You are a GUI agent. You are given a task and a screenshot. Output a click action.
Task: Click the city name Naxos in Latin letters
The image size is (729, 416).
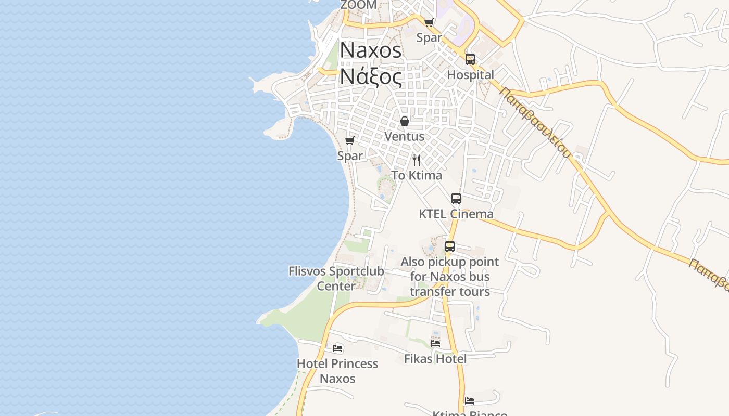[371, 50]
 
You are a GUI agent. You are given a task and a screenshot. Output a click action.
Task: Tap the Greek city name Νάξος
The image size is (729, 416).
[371, 77]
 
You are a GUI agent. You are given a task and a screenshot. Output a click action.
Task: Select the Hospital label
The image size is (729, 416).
[470, 75]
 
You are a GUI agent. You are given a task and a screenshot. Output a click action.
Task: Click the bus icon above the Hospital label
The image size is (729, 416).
[470, 59]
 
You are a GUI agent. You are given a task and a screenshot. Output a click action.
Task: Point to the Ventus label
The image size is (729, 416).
[404, 136]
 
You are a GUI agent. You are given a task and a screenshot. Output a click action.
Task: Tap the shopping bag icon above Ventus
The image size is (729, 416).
[405, 121]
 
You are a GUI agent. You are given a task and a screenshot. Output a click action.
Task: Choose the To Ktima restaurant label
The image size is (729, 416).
[417, 175]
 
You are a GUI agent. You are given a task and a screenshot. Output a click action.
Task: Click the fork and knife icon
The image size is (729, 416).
[417, 160]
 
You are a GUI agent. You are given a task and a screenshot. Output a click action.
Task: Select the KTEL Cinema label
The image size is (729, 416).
[456, 214]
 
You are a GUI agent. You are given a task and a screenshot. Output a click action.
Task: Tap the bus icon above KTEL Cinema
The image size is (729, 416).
[456, 198]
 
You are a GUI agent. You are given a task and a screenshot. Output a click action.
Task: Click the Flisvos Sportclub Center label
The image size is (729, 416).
[336, 278]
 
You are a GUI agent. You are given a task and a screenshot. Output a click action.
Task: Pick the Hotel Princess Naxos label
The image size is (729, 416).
[337, 371]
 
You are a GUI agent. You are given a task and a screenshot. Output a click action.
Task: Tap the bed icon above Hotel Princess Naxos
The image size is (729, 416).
[337, 348]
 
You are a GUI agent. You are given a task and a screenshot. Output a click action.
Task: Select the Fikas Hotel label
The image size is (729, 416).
[435, 358]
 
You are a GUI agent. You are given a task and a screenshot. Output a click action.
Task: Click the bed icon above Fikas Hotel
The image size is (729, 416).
[435, 343]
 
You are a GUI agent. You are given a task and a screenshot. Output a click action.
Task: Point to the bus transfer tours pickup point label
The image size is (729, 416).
[450, 277]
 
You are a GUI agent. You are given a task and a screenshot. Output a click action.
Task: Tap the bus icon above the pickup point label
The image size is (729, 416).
[450, 246]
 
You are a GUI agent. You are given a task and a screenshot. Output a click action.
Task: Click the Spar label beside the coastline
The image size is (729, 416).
[350, 155]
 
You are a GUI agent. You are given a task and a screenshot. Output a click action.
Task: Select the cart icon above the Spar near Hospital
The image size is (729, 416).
[429, 22]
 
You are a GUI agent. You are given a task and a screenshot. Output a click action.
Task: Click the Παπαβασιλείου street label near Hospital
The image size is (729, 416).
[536, 123]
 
